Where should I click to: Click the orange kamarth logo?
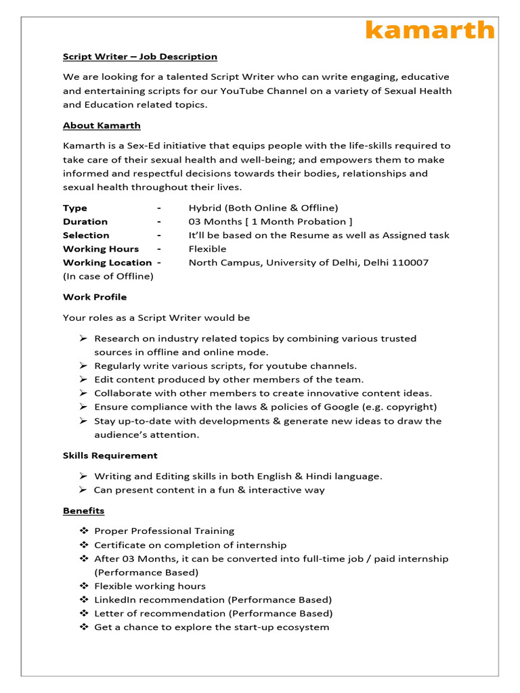pos(430,30)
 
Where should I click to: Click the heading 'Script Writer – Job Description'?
pos(140,57)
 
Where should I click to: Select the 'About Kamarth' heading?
pos(102,125)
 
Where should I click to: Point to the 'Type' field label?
pos(75,208)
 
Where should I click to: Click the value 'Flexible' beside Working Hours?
pos(207,249)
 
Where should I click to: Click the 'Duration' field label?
pos(85,221)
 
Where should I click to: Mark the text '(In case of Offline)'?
pos(108,276)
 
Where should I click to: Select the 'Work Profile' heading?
pos(95,297)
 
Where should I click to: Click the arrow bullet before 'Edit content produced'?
pos(83,380)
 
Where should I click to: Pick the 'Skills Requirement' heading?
pos(110,455)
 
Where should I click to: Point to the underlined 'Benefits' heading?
pos(84,510)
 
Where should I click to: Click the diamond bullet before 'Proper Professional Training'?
pos(83,531)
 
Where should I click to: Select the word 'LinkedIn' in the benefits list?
pos(115,600)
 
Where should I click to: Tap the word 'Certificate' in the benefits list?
pos(119,545)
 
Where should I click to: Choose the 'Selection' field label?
pos(86,236)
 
